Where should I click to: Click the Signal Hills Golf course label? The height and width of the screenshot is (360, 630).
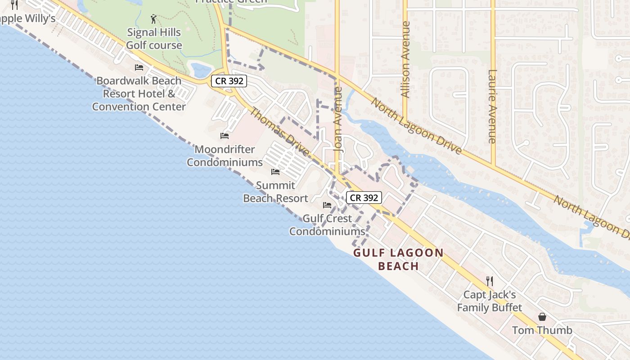(154, 39)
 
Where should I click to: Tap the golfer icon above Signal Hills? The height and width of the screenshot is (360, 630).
(154, 19)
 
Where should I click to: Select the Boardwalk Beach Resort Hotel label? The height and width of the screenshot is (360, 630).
(139, 94)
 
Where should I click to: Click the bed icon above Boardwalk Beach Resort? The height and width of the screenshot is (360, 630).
(139, 67)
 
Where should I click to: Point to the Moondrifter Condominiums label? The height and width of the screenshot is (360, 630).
(225, 156)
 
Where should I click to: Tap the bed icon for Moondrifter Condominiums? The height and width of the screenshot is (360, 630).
(225, 135)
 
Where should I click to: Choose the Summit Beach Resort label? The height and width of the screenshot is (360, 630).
(275, 192)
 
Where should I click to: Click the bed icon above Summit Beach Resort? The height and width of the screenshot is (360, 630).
(275, 172)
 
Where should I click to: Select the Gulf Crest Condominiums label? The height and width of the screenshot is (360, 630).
(327, 225)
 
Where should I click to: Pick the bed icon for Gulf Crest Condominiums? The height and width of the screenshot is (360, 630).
(327, 205)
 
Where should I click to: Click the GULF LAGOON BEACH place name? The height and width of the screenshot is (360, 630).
(399, 259)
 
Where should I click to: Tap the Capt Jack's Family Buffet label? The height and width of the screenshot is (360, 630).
(490, 301)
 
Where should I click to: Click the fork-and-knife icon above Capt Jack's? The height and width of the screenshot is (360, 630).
(490, 281)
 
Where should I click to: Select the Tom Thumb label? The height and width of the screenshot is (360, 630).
(542, 330)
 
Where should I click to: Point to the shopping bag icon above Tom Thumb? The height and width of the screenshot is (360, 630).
(542, 317)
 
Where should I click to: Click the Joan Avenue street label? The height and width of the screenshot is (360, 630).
(338, 119)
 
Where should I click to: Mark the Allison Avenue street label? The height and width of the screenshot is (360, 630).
(405, 59)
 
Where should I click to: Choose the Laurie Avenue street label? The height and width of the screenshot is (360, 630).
(492, 106)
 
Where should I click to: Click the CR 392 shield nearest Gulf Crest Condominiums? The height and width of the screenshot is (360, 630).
(364, 198)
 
